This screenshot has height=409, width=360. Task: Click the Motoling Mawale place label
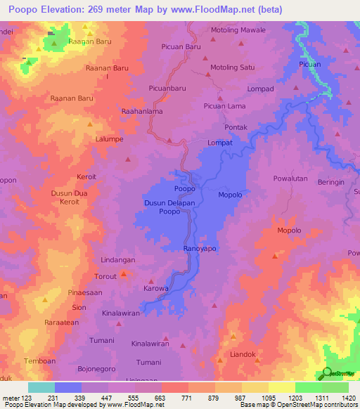(238, 30)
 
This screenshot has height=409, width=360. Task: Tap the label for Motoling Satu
(232, 67)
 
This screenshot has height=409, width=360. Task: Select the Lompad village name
(260, 89)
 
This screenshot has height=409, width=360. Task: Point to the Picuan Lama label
(224, 106)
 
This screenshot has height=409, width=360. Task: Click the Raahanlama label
(142, 111)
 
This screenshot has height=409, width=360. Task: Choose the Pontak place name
(236, 127)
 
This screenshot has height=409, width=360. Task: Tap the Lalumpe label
(110, 139)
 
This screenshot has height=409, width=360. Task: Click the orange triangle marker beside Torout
(124, 273)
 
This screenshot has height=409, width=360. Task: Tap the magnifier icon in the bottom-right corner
(327, 373)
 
